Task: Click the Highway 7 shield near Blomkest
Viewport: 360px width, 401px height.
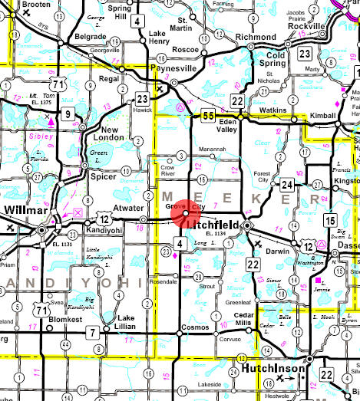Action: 92,332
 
